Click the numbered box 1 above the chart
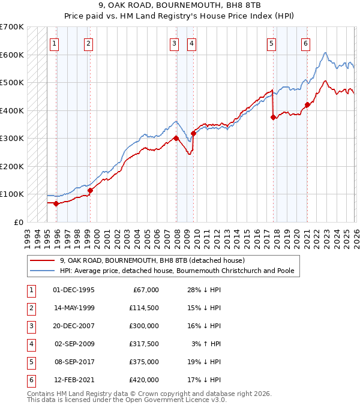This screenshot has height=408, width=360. tap(55, 43)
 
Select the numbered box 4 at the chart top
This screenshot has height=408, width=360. tap(191, 43)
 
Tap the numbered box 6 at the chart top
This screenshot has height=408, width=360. tap(305, 43)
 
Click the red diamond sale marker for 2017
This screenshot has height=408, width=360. tap(273, 118)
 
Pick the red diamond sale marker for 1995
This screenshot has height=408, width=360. tap(56, 203)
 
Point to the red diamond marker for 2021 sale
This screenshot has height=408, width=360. tap(307, 105)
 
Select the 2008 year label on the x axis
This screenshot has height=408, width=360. tap(176, 235)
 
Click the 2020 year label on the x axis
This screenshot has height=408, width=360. tap(296, 235)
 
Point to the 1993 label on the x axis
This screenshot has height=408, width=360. tap(28, 235)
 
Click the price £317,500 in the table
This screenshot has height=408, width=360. tap(143, 344)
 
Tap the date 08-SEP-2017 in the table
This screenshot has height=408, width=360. tap(73, 362)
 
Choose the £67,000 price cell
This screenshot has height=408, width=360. tap(146, 290)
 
